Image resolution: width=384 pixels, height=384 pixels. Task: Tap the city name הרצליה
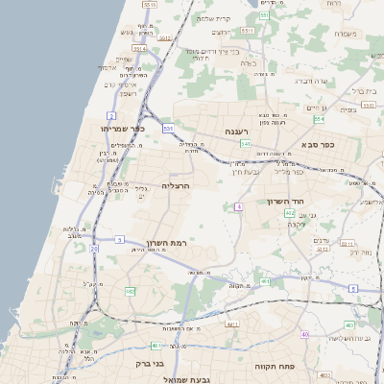(177, 184)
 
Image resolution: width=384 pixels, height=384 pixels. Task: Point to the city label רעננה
(237, 132)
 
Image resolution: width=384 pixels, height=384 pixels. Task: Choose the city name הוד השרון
(288, 203)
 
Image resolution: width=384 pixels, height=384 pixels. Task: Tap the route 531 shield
(168, 128)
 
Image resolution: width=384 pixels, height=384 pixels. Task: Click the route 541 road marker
(246, 144)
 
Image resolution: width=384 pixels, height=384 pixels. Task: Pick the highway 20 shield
(94, 249)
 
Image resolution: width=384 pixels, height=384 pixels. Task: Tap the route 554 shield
(318, 120)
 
